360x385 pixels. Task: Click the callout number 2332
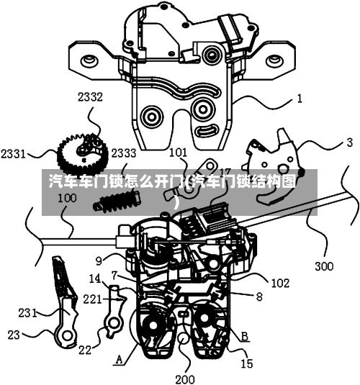(90, 97)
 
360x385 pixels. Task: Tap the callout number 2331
(13, 154)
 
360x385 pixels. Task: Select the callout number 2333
(124, 153)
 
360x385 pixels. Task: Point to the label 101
(178, 153)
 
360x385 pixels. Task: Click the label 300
(325, 266)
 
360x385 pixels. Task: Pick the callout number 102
(280, 284)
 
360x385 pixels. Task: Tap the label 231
(27, 313)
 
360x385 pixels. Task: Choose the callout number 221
(92, 299)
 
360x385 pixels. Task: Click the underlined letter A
(119, 360)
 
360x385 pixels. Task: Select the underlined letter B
(245, 336)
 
